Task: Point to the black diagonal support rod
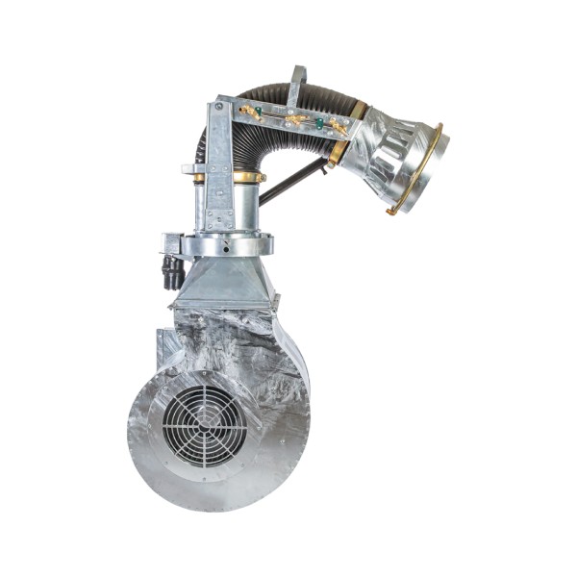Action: tap(294, 180)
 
